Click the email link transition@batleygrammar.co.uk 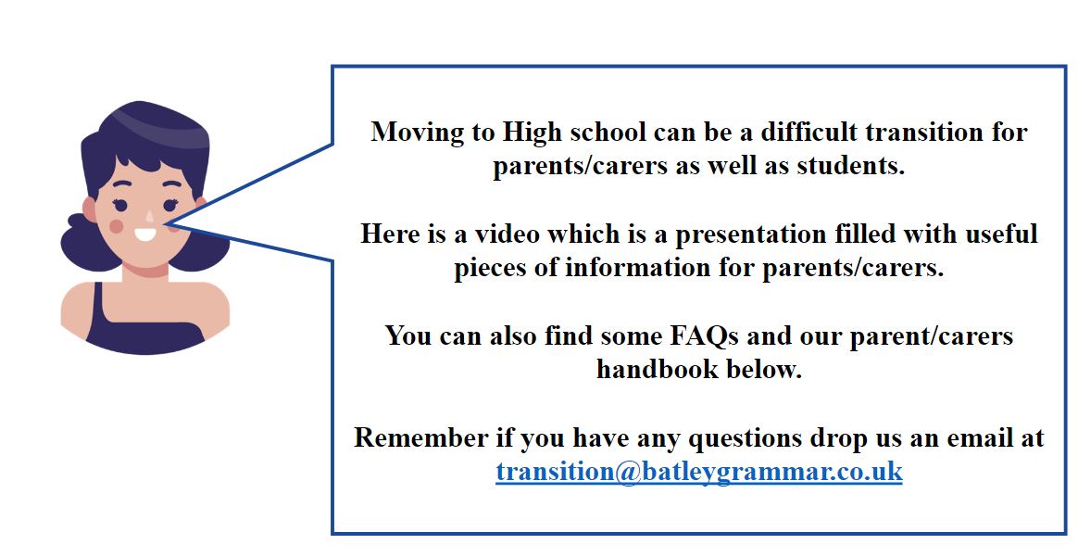pyautogui.click(x=698, y=473)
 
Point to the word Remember pyautogui.click(x=420, y=437)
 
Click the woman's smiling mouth pyautogui.click(x=145, y=235)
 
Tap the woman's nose pyautogui.click(x=150, y=216)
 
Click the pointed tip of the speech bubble pyautogui.click(x=167, y=223)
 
